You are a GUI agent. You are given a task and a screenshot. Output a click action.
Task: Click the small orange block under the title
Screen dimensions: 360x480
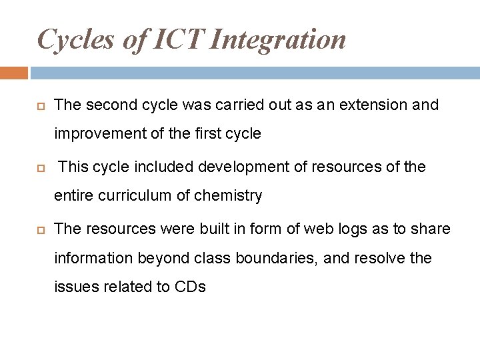(14, 73)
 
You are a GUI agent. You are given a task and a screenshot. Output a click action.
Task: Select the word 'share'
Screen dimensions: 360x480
(432, 229)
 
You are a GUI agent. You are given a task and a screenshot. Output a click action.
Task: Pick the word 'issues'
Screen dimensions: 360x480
(75, 287)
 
